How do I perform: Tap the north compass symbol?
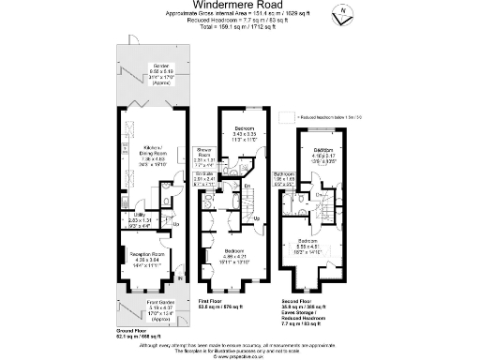[x=344, y=13]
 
